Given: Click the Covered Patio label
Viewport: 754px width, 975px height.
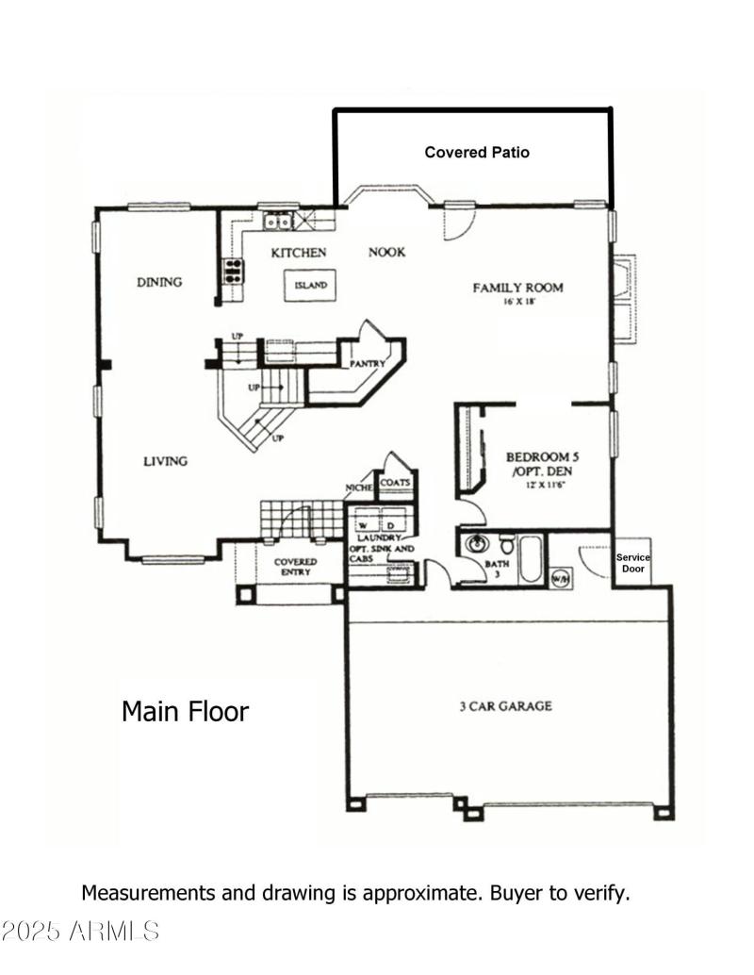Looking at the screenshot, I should pyautogui.click(x=477, y=152).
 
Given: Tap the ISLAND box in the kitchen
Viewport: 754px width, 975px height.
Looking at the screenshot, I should pyautogui.click(x=310, y=285).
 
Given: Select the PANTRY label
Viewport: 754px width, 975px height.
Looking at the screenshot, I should pyautogui.click(x=364, y=363).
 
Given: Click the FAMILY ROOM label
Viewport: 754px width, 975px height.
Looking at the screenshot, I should pyautogui.click(x=517, y=288).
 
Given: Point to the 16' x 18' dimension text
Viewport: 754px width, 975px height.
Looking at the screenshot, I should pyautogui.click(x=517, y=303).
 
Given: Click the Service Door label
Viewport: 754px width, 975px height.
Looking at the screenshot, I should pyautogui.click(x=632, y=563).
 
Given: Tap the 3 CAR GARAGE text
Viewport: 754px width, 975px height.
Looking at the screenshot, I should pyautogui.click(x=505, y=705).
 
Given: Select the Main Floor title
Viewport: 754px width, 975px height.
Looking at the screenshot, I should pyautogui.click(x=185, y=711).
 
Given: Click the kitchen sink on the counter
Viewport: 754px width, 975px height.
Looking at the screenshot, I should pyautogui.click(x=277, y=222).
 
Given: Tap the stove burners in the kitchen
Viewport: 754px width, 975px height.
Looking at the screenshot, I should pyautogui.click(x=232, y=271).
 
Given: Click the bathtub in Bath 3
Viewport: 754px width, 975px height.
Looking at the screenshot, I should pyautogui.click(x=531, y=556).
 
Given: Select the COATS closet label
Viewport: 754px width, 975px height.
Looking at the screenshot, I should pyautogui.click(x=394, y=483).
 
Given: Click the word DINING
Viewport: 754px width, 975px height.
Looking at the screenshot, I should pyautogui.click(x=158, y=282).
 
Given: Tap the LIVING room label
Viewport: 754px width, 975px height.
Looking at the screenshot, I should pyautogui.click(x=165, y=461).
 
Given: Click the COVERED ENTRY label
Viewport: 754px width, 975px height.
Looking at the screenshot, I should pyautogui.click(x=295, y=567).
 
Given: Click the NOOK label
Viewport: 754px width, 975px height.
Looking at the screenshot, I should pyautogui.click(x=386, y=252).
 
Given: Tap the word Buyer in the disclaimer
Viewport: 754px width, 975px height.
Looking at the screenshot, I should pyautogui.click(x=518, y=892).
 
